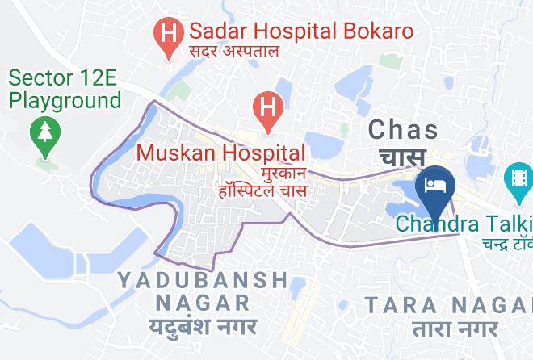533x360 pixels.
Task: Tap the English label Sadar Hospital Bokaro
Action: [x=300, y=32]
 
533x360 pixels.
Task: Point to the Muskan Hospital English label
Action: [x=220, y=153]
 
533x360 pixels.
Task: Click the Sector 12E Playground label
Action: [x=65, y=90]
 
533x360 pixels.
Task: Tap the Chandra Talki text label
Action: [x=464, y=222]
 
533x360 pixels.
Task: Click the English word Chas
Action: [x=403, y=129]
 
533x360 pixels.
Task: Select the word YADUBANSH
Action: [x=203, y=280]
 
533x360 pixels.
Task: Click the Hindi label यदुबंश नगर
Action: [x=203, y=327]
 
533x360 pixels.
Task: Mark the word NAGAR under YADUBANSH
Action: [x=203, y=303]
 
